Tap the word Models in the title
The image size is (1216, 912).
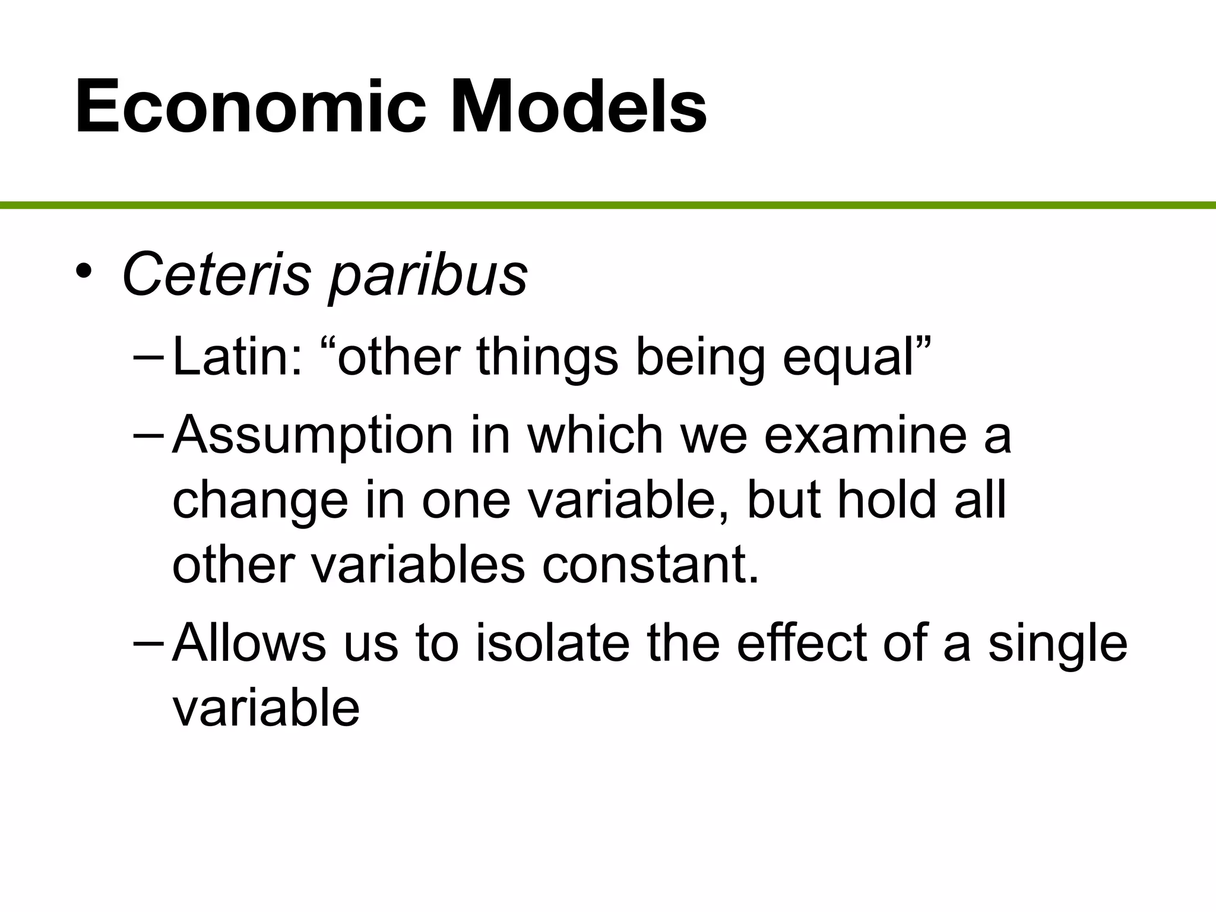click(578, 107)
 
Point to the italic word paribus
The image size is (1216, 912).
click(427, 277)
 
